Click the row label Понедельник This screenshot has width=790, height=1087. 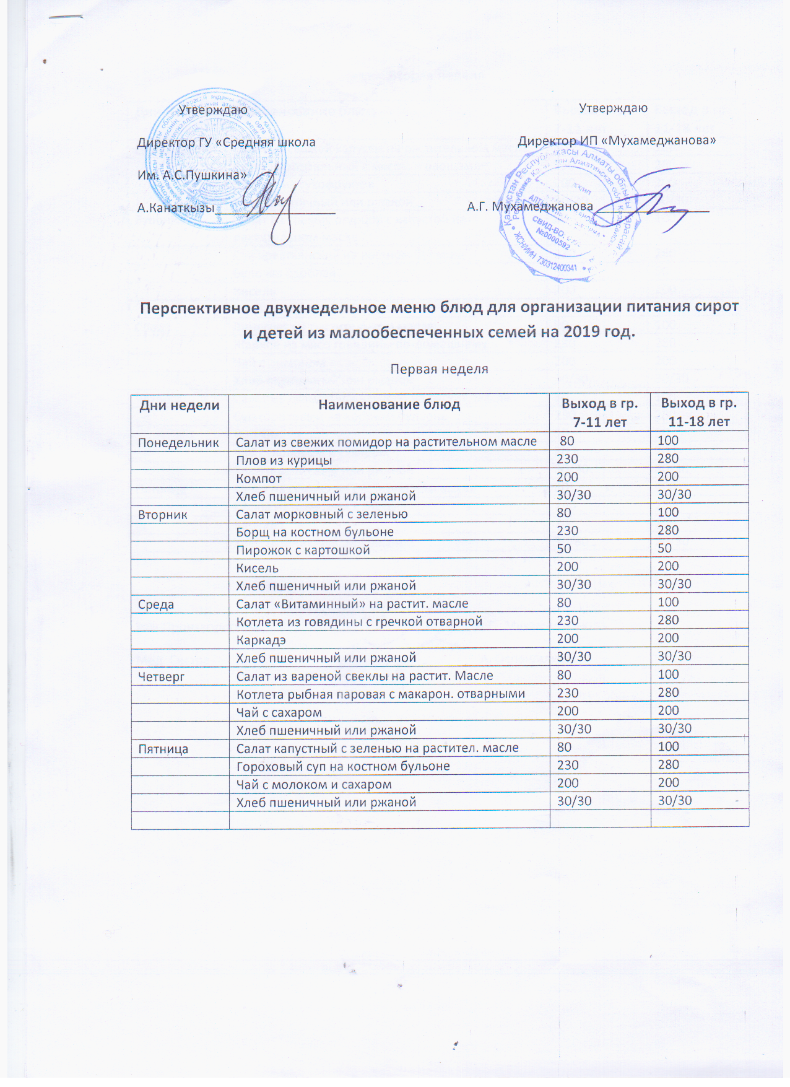178,443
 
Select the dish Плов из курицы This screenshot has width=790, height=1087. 284,461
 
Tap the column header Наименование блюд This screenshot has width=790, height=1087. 389,405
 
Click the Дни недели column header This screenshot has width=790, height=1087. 180,406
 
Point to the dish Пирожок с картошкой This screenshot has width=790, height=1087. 303,550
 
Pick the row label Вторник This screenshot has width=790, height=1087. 163,515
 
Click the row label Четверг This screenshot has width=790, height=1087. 162,677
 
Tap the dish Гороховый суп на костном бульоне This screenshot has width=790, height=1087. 343,766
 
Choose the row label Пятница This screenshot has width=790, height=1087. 163,749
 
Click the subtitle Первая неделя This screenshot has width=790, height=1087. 439,369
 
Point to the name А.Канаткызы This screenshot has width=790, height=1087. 176,208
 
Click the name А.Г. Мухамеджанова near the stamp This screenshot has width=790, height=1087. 530,206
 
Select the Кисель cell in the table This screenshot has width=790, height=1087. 257,568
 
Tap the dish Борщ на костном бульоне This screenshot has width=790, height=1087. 315,532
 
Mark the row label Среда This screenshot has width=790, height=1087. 156,605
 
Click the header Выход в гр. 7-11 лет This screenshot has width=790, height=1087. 599,413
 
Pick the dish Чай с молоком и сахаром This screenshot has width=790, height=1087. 314,785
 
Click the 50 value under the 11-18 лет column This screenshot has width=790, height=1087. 664,549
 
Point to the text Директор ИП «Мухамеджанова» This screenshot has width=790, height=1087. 617,141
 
